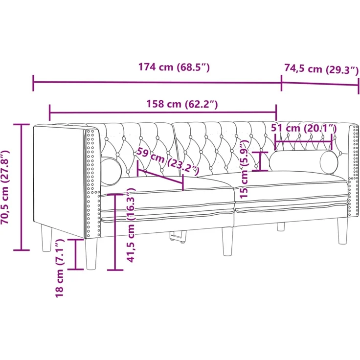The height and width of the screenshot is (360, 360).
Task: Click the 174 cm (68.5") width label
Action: [x=174, y=67]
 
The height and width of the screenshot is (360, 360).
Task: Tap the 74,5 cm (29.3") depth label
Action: [x=321, y=68]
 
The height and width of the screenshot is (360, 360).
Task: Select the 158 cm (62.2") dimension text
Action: [x=182, y=104]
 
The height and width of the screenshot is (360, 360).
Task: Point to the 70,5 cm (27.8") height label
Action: [x=5, y=187]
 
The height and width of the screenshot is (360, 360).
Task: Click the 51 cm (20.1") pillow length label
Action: [x=304, y=128]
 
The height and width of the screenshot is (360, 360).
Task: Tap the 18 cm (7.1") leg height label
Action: [x=59, y=268]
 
